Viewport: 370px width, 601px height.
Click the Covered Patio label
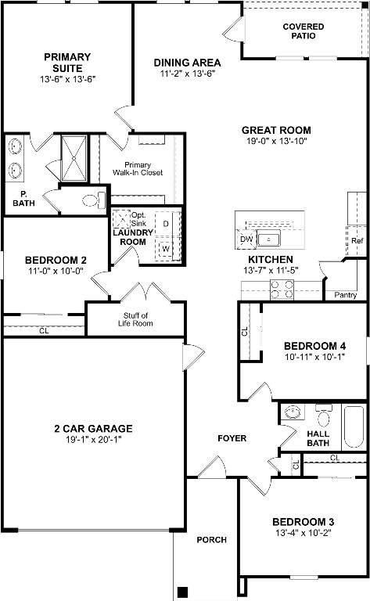coord(304,31)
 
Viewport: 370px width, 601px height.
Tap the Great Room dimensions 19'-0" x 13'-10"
coord(277,141)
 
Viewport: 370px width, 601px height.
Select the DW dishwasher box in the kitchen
coord(246,239)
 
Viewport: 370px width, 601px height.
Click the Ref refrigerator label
coord(357,241)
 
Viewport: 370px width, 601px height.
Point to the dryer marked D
coord(167,224)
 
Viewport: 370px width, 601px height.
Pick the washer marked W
coord(167,249)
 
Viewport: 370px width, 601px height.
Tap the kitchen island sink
coord(268,239)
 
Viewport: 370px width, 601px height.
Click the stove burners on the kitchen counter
coord(282,290)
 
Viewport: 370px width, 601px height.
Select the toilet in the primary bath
coord(94,200)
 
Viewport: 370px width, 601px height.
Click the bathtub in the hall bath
coord(353,427)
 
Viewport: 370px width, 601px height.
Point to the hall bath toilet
coord(323,416)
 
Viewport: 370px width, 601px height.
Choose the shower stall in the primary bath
coord(74,158)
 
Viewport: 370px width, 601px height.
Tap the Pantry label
coord(346,295)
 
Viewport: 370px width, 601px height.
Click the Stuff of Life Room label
coord(135,319)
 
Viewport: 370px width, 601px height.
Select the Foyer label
coord(232,438)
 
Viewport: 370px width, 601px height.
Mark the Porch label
coord(211,540)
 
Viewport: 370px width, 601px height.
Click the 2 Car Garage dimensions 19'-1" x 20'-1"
coord(93,440)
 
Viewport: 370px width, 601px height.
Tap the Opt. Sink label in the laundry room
coord(138,219)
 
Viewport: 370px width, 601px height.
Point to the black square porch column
coord(183,591)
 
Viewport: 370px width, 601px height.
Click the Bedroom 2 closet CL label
coord(44,330)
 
